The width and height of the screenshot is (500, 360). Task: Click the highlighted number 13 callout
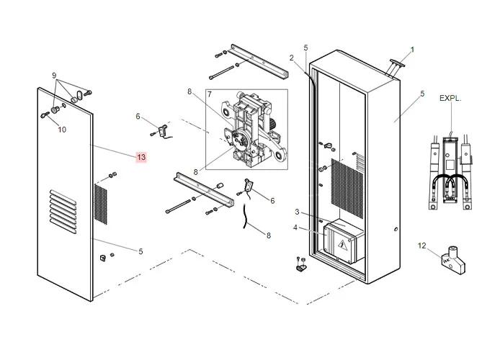tap(140, 156)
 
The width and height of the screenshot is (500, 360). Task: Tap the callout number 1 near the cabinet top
tap(412, 50)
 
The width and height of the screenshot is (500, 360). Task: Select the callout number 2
tap(292, 58)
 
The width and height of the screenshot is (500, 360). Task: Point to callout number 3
tap(296, 212)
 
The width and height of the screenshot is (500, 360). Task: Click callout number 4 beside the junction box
tap(295, 228)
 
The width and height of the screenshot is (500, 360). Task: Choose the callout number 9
tap(53, 76)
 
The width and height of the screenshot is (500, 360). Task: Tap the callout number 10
tap(61, 130)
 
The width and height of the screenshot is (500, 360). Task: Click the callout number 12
tap(421, 246)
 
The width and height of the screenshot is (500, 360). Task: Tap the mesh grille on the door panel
tap(101, 202)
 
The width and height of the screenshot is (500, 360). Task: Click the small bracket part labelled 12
tap(453, 260)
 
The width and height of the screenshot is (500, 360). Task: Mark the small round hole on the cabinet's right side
tap(396, 230)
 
